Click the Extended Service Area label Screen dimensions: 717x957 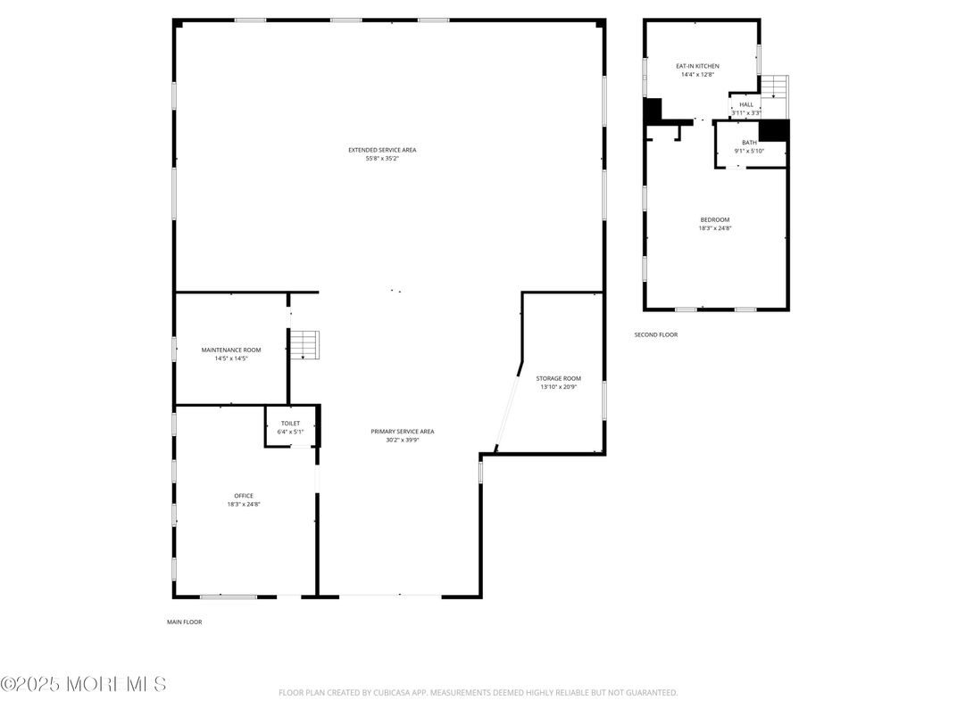pyautogui.click(x=382, y=150)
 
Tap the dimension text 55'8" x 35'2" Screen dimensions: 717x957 pyautogui.click(x=382, y=159)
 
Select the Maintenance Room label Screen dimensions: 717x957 pyautogui.click(x=231, y=350)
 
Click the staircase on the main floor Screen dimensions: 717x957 pyautogui.click(x=305, y=344)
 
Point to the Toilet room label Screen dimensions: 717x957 pyautogui.click(x=290, y=423)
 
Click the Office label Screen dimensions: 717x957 pyautogui.click(x=244, y=496)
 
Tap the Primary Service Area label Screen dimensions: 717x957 pyautogui.click(x=403, y=431)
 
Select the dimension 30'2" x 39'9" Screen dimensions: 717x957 pyautogui.click(x=403, y=440)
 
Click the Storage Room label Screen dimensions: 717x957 pyautogui.click(x=560, y=378)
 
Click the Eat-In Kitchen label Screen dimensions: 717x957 pyautogui.click(x=696, y=66)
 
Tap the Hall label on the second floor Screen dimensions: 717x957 pyautogui.click(x=745, y=104)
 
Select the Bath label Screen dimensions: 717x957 pyautogui.click(x=749, y=143)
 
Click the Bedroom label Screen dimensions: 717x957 pyautogui.click(x=714, y=219)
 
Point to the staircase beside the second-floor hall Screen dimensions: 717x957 pyautogui.click(x=774, y=87)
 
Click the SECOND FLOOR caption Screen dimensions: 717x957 pyautogui.click(x=655, y=334)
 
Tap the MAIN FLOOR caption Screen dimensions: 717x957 pyautogui.click(x=184, y=622)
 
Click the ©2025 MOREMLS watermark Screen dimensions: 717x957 pyautogui.click(x=83, y=684)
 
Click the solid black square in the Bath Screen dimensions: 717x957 pyautogui.click(x=773, y=130)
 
